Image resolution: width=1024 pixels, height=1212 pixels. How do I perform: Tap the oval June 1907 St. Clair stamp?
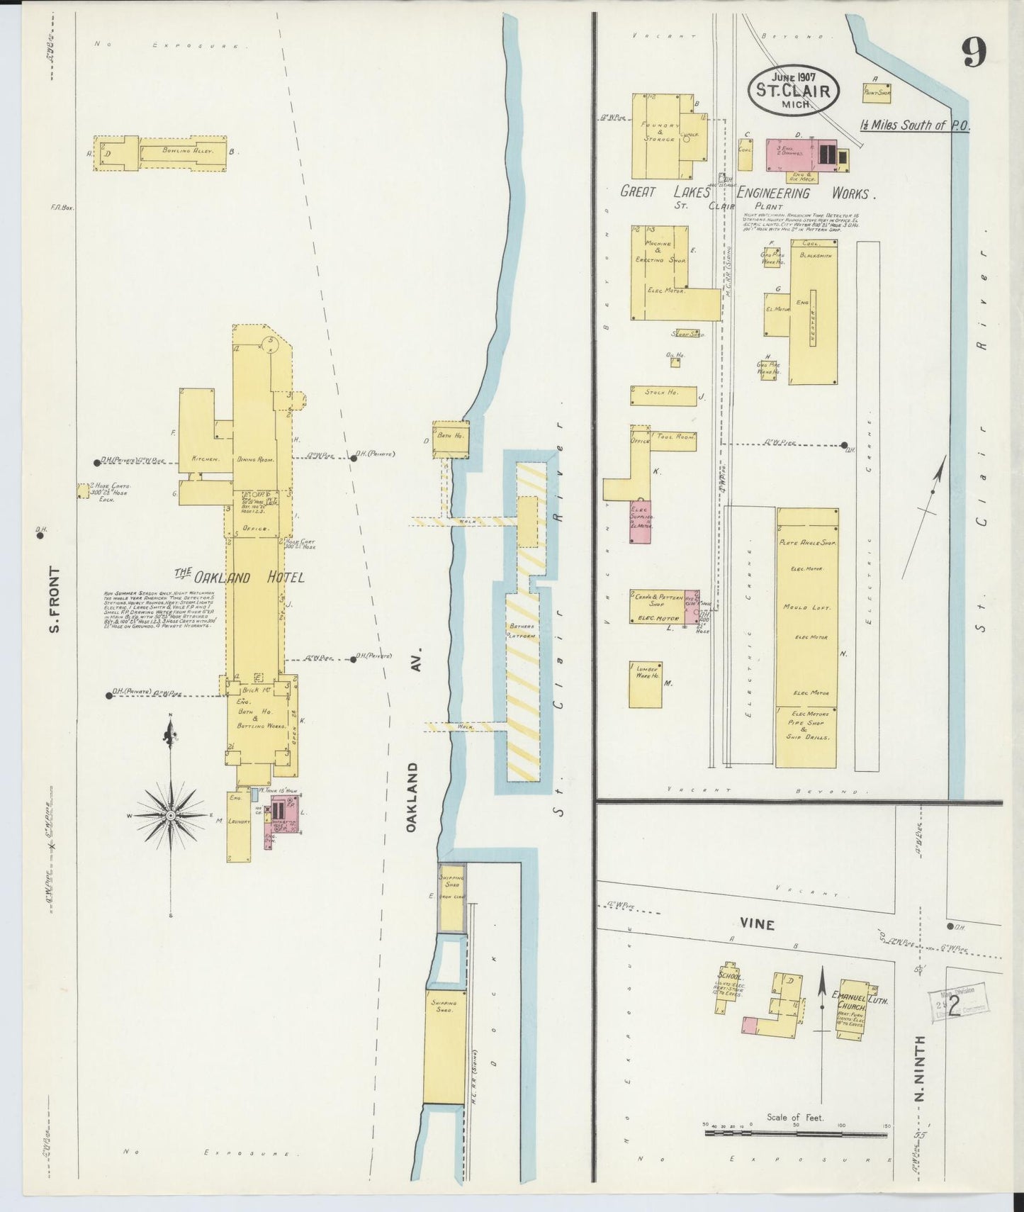point(794,89)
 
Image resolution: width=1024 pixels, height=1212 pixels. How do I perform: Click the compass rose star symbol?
point(170,816)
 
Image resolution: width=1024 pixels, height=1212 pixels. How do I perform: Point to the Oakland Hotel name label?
point(240,577)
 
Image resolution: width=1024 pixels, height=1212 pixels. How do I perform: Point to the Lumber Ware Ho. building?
point(646,684)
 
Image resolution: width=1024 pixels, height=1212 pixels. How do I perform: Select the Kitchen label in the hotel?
point(203,459)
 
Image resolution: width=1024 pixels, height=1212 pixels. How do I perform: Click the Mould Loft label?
point(806,608)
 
